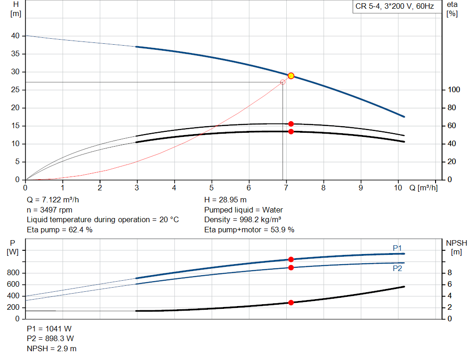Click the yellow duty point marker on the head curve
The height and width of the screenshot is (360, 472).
(291, 76)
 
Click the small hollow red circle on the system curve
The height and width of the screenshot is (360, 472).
(283, 82)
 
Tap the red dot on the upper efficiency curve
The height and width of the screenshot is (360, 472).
(291, 124)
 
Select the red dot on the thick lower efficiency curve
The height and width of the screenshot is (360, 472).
(291, 131)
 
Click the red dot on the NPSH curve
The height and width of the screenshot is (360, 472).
(291, 302)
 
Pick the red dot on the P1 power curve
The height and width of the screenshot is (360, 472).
(291, 260)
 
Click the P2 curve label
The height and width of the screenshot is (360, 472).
(397, 268)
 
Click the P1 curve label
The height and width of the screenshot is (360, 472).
(397, 248)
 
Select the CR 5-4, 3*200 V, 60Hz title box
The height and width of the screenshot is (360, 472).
(394, 7)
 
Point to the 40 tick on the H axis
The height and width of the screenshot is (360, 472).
(16, 36)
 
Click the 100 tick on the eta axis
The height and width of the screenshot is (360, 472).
(451, 90)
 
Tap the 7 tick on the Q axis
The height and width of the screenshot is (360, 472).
(286, 188)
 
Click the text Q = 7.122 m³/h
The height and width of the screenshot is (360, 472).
(56, 200)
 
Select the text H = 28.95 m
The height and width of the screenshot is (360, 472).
(225, 200)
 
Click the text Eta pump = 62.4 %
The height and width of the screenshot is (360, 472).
(59, 230)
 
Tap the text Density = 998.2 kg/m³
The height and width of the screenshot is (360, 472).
(242, 219)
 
